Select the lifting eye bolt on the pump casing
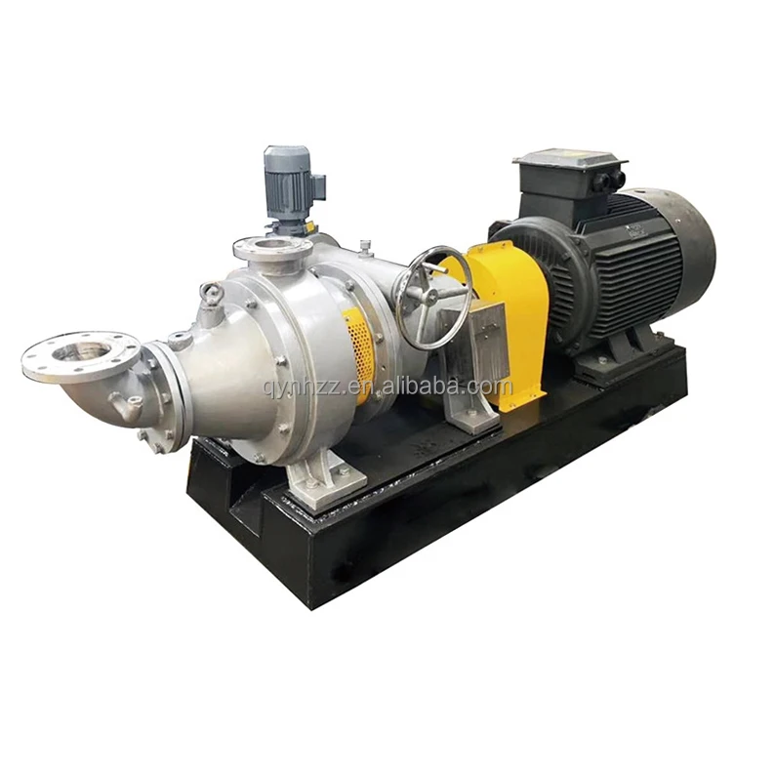[210, 292]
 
